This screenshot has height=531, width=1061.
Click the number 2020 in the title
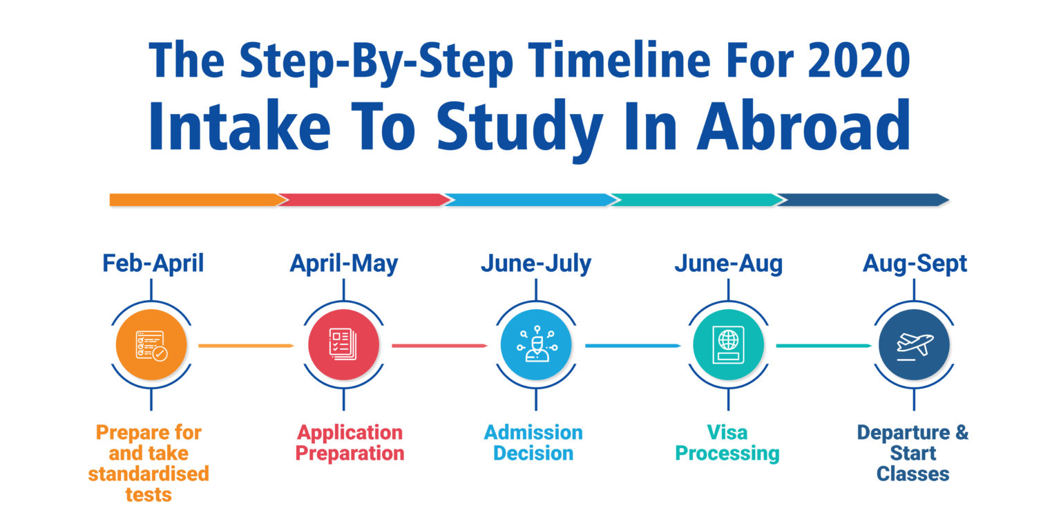click(x=859, y=60)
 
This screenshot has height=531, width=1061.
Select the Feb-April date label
click(x=153, y=263)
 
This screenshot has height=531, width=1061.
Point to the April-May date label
click(x=344, y=263)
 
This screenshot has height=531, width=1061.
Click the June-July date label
click(x=536, y=263)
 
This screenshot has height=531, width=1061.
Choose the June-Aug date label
click(x=729, y=263)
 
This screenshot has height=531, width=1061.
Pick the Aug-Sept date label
click(x=915, y=263)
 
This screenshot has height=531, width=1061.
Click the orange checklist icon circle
click(x=151, y=345)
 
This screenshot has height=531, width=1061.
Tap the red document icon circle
click(x=344, y=345)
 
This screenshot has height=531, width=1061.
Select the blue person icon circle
click(x=536, y=345)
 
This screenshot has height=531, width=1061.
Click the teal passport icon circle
click(x=729, y=345)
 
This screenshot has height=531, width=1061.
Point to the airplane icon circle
click(x=914, y=345)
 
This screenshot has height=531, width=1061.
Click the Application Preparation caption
click(x=350, y=442)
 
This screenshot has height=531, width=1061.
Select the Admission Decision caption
click(x=533, y=442)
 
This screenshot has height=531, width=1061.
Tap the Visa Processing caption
click(x=727, y=442)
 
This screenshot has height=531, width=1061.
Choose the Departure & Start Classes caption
click(x=912, y=454)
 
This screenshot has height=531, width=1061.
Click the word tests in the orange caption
click(x=149, y=494)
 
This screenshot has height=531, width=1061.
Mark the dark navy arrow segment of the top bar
click(x=863, y=200)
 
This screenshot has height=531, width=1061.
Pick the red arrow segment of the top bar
click(x=364, y=200)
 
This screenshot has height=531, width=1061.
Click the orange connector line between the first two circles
click(x=247, y=346)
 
